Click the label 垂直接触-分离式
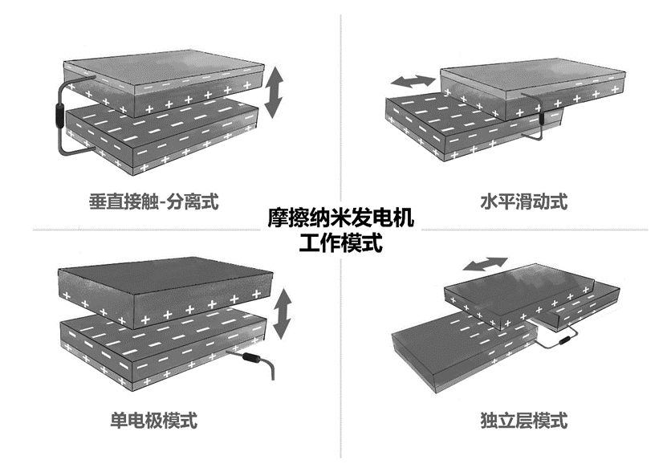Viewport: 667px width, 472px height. pos(153,201)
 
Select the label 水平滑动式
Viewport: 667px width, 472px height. pos(523,201)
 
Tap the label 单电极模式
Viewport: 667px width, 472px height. pos(153,420)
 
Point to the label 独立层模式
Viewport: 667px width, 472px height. pos(523,420)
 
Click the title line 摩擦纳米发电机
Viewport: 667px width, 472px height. pos(340,218)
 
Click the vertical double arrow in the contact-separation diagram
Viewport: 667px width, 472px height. pos(274,94)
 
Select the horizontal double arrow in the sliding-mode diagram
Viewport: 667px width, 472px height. pos(413,81)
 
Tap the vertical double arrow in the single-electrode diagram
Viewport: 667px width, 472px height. pos(282,314)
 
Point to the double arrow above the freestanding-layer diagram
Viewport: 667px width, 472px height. pos(486,264)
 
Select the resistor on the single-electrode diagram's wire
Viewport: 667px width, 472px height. pos(251,357)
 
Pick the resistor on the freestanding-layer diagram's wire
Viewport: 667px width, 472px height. pos(565,340)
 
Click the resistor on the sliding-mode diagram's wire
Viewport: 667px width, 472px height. pos(542,117)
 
